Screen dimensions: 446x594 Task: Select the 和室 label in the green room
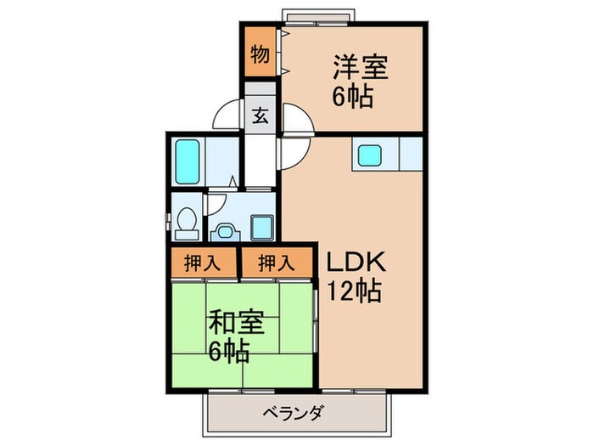coord(237,323)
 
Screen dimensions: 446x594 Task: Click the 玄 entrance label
coord(261,116)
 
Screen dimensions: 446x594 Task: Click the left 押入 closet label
coord(202,263)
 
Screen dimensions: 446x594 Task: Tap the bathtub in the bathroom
coord(188,161)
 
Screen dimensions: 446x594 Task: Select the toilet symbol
coord(188,218)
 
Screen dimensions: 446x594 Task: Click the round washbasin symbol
coord(226,230)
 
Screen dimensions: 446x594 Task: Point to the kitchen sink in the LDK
coord(369,155)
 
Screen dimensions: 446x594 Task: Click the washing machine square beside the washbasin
coord(262,228)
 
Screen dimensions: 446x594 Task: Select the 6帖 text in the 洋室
coord(353,97)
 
